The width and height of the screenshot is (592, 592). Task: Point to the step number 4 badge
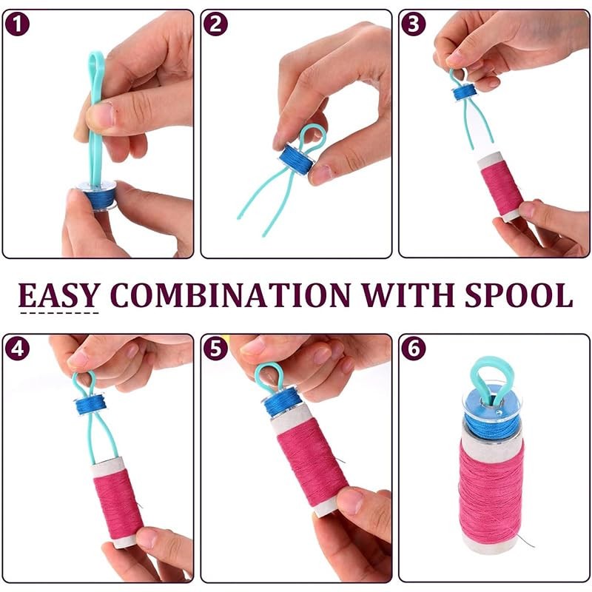point(17,348)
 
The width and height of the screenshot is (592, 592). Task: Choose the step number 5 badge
point(215,348)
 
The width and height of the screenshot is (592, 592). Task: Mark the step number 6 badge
point(414,348)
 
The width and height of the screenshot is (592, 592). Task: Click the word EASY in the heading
point(59,295)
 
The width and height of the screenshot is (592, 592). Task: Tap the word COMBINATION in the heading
point(230,295)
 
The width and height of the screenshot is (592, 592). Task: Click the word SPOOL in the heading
point(519,295)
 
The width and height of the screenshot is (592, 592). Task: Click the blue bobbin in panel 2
point(297,159)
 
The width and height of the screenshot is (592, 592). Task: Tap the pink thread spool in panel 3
point(501,186)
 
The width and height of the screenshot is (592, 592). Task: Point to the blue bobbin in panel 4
point(90,405)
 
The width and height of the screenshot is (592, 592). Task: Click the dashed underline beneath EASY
point(59,312)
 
